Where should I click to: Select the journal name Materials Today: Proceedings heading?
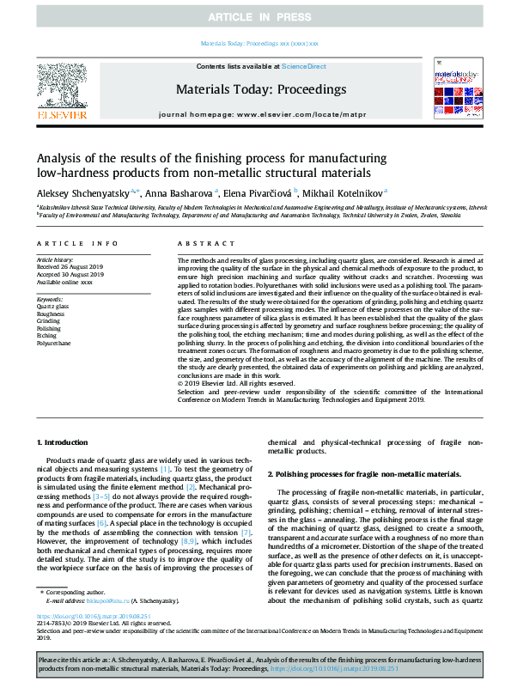click(260, 89)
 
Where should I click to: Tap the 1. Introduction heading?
click(65, 441)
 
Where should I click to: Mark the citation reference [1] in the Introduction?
click(165, 470)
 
